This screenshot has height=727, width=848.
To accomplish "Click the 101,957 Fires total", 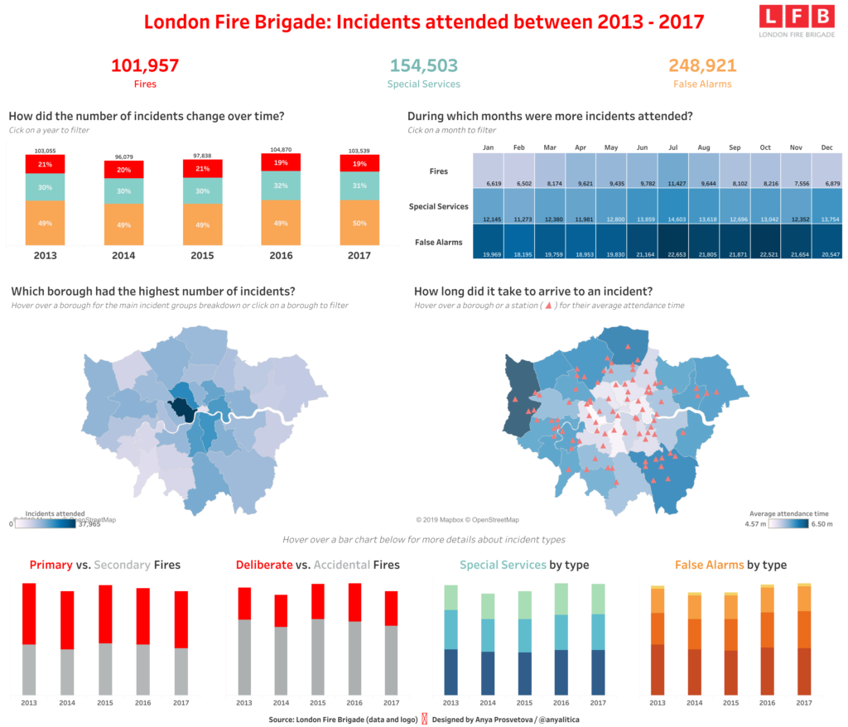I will click(x=145, y=65).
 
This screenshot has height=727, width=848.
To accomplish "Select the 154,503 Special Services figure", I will click(x=423, y=65).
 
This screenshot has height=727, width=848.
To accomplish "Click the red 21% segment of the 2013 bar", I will click(x=46, y=165).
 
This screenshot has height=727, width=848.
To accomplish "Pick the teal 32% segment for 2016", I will click(x=281, y=185).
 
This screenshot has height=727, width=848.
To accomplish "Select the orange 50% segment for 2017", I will click(x=360, y=224).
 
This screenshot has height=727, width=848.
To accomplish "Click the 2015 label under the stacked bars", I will click(x=202, y=255).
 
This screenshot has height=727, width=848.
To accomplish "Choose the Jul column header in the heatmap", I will click(x=673, y=147).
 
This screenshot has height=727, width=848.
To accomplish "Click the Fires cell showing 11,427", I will click(x=673, y=171).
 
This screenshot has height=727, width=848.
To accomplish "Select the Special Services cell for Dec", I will click(x=826, y=206).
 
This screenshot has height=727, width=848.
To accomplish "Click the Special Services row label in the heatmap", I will click(x=438, y=206).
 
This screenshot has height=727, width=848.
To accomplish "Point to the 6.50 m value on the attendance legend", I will click(x=821, y=524).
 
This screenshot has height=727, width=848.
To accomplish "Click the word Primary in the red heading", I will click(x=51, y=565).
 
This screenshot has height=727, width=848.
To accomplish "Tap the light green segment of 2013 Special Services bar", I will click(x=450, y=597).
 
